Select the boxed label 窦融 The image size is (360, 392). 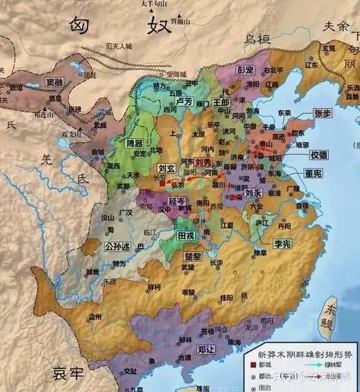pos(55,82)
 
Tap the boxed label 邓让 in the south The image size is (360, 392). pos(206,352)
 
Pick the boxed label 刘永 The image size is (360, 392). pos(252,193)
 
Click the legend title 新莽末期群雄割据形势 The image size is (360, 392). pos(302,354)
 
